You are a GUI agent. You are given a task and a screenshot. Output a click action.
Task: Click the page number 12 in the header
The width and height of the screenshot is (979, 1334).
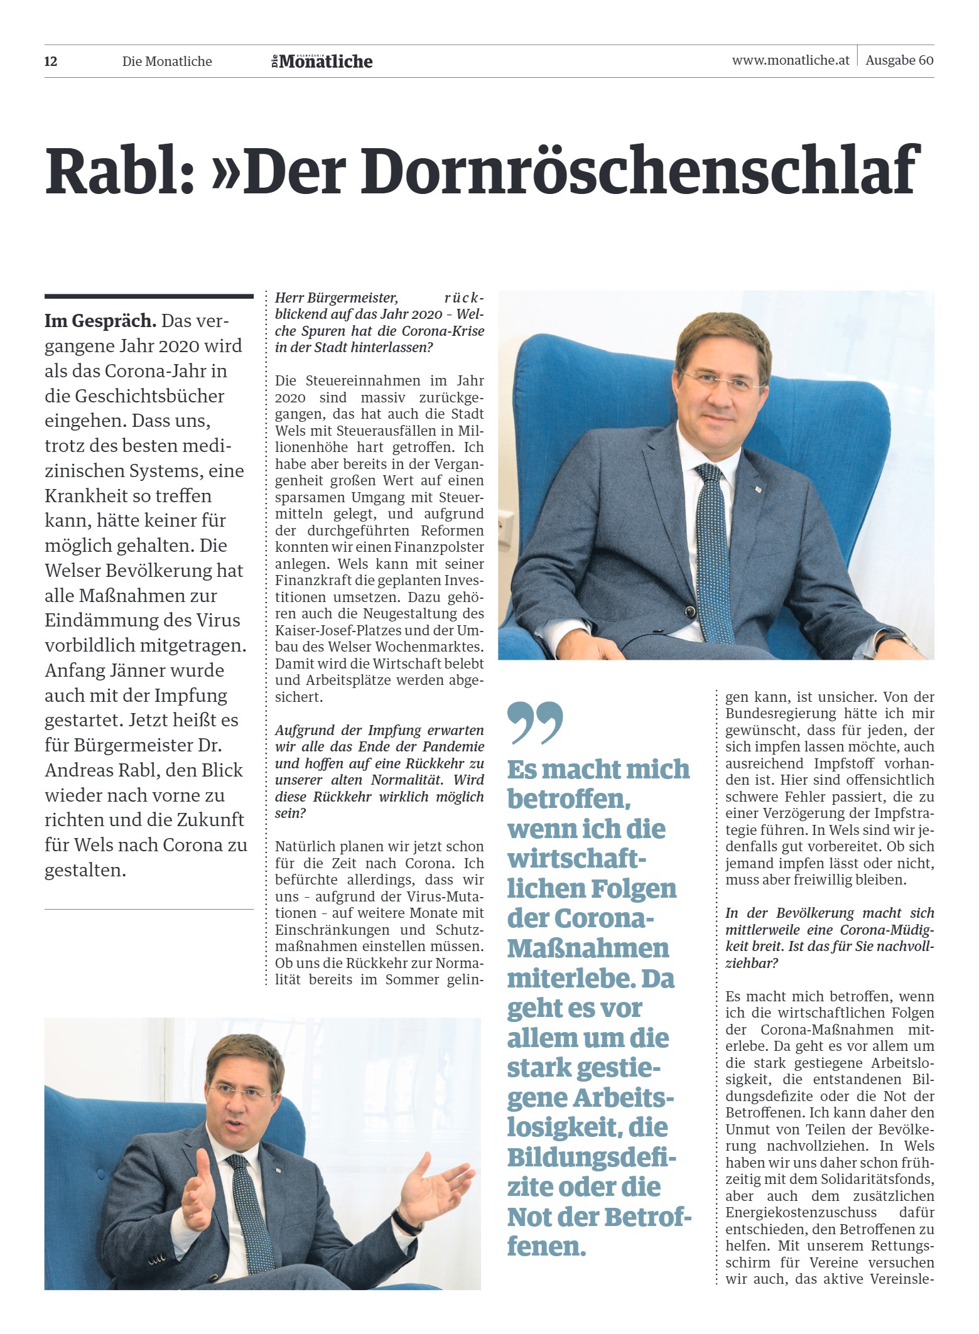pyautogui.click(x=51, y=62)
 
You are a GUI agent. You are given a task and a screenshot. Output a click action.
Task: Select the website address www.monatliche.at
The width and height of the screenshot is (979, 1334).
pyautogui.click(x=790, y=60)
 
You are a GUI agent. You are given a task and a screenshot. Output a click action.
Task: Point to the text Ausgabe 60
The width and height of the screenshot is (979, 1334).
pyautogui.click(x=899, y=60)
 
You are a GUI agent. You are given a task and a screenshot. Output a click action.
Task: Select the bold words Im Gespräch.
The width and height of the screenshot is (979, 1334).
pyautogui.click(x=100, y=321)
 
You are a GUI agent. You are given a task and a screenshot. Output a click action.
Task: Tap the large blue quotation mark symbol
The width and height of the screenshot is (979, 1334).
pyautogui.click(x=534, y=723)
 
